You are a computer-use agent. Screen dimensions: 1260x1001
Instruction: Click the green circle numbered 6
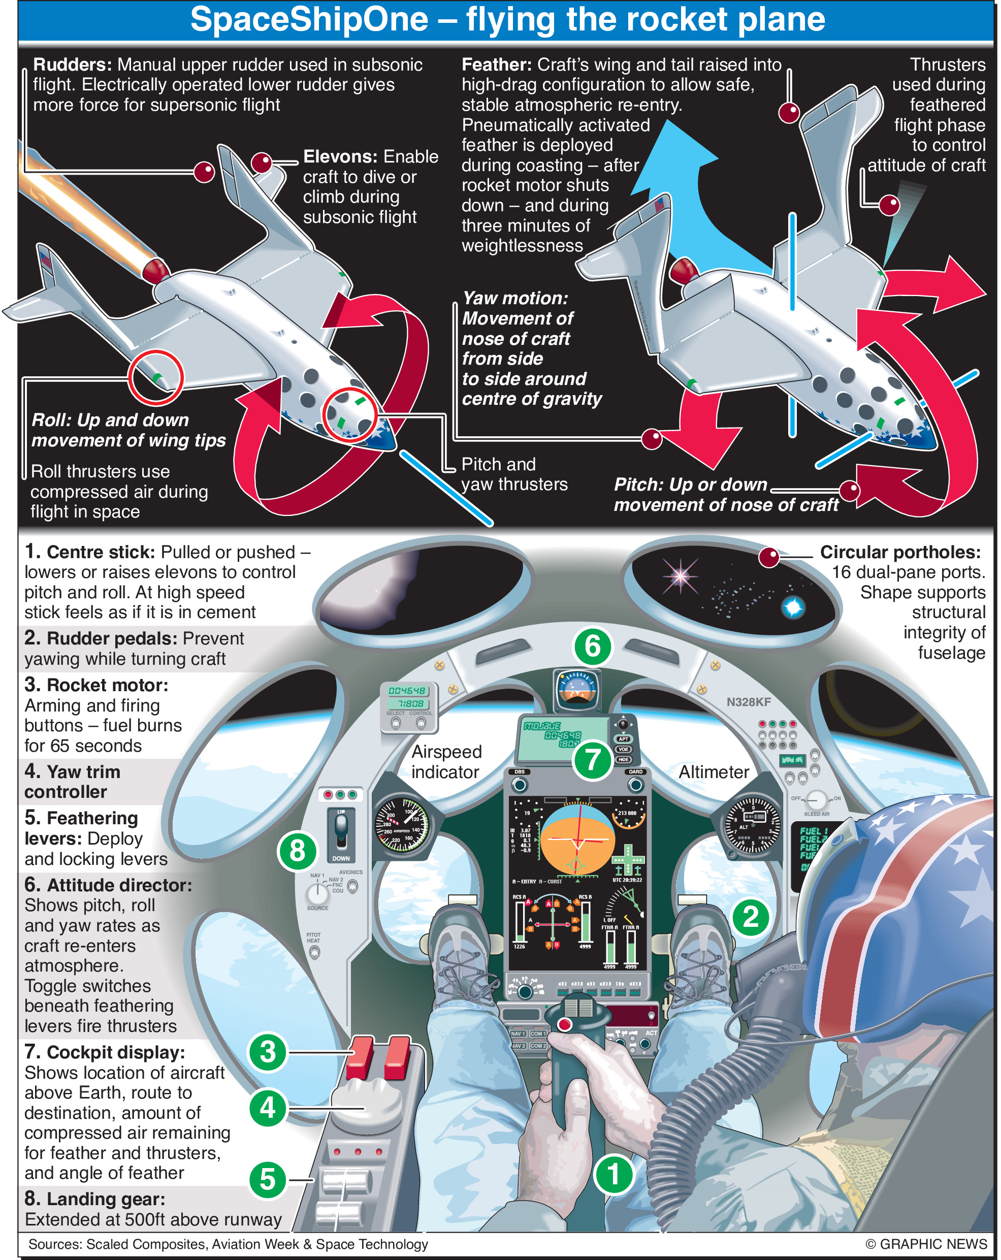[x=592, y=647]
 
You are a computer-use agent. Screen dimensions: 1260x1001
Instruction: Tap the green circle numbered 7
[x=592, y=760]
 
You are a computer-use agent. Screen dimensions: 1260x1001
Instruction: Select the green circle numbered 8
[x=297, y=850]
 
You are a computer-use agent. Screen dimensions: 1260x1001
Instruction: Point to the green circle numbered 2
[x=750, y=916]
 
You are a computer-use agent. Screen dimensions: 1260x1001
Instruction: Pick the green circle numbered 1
[x=613, y=1175]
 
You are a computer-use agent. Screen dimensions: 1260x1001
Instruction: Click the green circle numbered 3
[x=268, y=1052]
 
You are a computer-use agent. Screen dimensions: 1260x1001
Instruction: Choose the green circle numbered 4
[x=268, y=1108]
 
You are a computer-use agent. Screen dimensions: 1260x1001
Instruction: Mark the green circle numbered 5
[x=268, y=1179]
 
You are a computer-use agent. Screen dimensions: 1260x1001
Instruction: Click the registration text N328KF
[x=749, y=702]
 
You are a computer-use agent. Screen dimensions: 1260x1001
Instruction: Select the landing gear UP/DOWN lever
[x=341, y=830]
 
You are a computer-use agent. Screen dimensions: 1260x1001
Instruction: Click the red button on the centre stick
[x=564, y=1024]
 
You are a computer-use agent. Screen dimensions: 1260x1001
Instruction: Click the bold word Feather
[x=496, y=64]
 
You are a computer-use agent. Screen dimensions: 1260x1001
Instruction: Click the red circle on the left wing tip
[x=156, y=377]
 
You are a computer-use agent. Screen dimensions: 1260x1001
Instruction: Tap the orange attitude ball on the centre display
[x=577, y=838]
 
